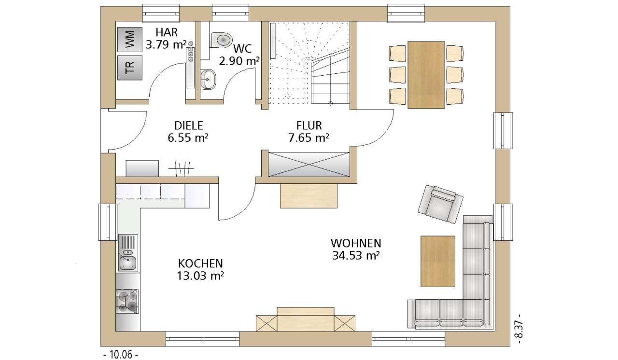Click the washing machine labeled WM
(x=130, y=40)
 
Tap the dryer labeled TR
(x=130, y=68)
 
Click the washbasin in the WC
(x=208, y=80)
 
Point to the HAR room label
(x=167, y=32)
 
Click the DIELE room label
(x=189, y=125)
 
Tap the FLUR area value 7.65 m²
(x=309, y=138)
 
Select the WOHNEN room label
(x=356, y=243)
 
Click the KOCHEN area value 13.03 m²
(x=200, y=276)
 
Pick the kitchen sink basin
(x=127, y=263)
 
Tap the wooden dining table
(x=426, y=75)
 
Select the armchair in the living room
(x=440, y=204)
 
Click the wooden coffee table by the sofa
(x=437, y=262)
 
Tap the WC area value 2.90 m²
(x=239, y=61)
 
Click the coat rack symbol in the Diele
(x=181, y=168)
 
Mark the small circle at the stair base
(x=331, y=104)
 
